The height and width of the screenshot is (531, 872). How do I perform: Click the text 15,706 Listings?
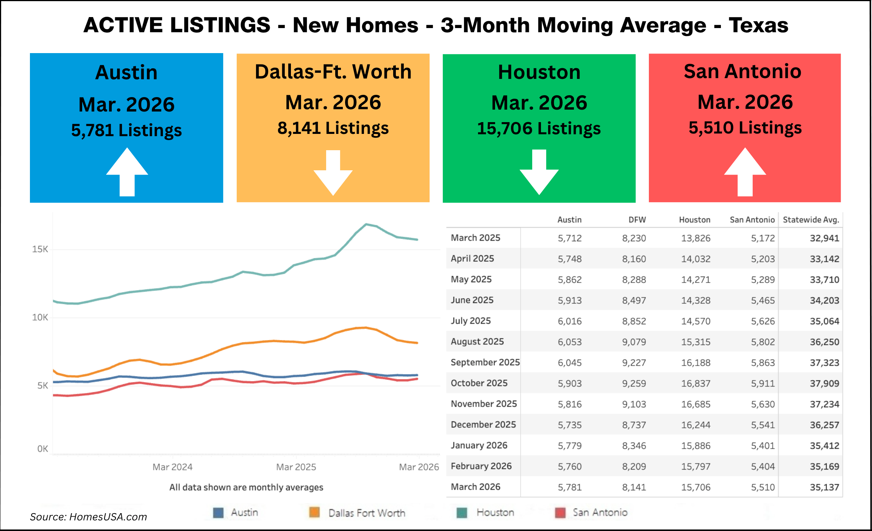pos(539,129)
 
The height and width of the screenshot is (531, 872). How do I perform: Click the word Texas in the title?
pos(758,25)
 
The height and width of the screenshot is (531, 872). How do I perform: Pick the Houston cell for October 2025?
pos(695,383)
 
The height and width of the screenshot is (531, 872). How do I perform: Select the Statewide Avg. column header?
pos(811,220)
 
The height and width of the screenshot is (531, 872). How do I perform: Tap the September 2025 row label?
pos(485,362)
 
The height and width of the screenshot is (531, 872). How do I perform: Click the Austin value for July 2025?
pos(569,321)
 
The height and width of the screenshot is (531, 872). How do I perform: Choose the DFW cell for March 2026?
pos(634,487)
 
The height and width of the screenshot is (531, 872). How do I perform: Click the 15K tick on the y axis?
pos(40,249)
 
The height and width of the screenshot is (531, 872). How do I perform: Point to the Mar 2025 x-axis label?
pos(296,467)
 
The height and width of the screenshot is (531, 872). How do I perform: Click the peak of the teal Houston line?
pos(366,224)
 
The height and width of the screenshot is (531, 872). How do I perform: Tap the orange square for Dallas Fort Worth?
pos(314,512)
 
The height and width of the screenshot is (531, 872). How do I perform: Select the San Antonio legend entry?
pos(600,512)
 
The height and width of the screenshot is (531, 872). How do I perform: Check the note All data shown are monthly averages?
pos(246,487)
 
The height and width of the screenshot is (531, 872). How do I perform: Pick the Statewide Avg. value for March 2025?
pos(824,238)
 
